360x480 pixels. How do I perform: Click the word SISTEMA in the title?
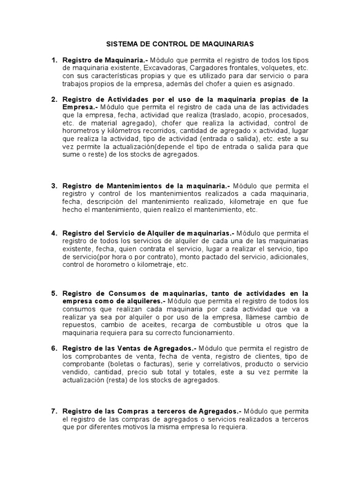[x=119, y=44]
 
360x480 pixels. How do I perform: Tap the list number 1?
[x=54, y=60]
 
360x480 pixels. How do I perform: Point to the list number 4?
[x=54, y=233]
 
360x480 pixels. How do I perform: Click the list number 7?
[x=54, y=411]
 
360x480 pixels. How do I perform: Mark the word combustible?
[x=243, y=325]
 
